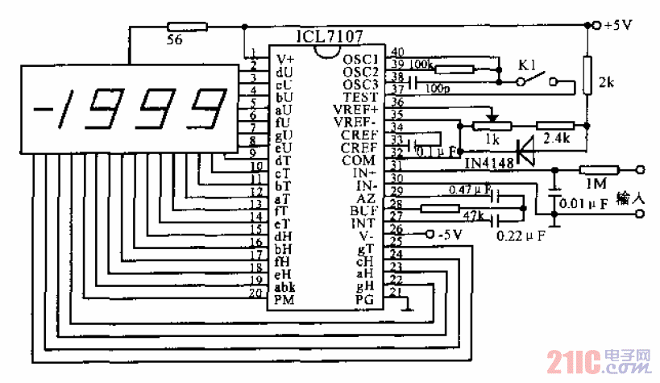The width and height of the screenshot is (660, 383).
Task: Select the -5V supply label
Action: point(451,235)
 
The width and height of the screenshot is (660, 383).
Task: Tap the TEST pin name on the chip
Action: point(359,96)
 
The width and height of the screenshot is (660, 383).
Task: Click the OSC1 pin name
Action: point(359,60)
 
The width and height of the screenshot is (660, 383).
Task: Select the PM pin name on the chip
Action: point(284,300)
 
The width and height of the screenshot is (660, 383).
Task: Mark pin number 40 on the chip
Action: point(396,52)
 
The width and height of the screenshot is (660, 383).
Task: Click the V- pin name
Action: point(367,235)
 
